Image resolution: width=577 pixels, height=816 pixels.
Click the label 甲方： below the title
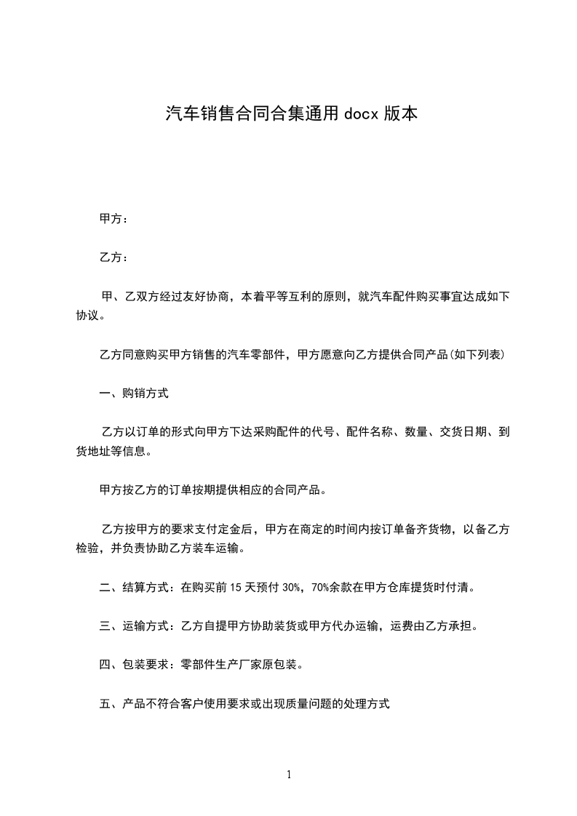pyautogui.click(x=114, y=218)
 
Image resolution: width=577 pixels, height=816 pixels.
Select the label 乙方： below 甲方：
pyautogui.click(x=114, y=257)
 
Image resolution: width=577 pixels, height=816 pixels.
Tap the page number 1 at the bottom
pyautogui.click(x=289, y=775)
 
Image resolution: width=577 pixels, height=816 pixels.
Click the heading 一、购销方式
pyautogui.click(x=134, y=393)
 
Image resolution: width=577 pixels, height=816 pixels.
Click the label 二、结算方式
pyautogui.click(x=135, y=586)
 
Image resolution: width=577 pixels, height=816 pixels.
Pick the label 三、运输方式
pyautogui.click(x=135, y=625)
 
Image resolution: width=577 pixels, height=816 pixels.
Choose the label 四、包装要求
pyautogui.click(x=135, y=665)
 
